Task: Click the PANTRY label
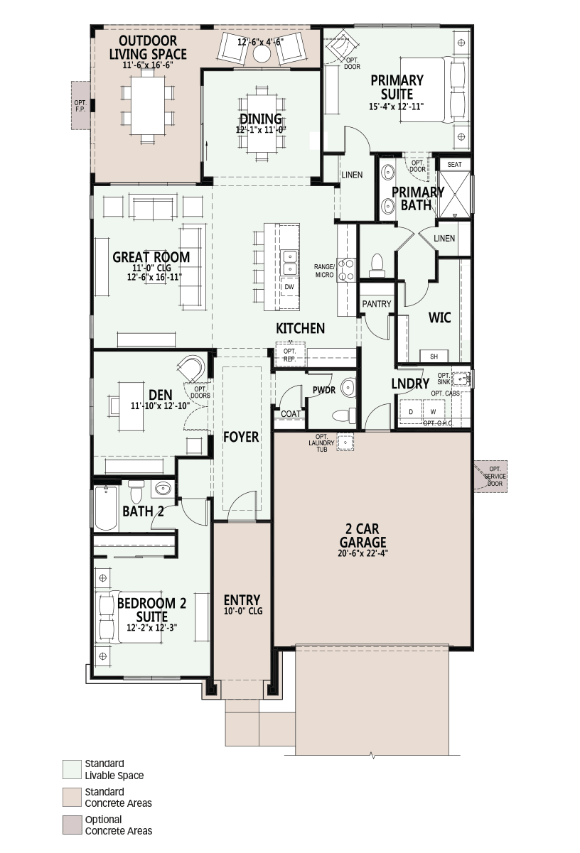377,303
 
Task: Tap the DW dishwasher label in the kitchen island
289,287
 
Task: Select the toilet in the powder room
344,415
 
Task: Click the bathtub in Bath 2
106,508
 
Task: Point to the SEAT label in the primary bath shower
454,165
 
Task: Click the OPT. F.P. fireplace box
81,106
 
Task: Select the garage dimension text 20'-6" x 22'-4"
362,553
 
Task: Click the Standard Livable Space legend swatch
72,769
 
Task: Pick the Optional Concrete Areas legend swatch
72,825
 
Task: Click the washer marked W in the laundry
434,411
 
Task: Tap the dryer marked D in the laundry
411,411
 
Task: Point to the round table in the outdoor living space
262,54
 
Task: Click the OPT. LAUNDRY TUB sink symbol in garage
345,442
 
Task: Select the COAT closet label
291,413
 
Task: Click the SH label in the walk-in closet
434,357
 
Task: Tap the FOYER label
241,437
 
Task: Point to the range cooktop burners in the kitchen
346,270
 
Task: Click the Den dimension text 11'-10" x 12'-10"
160,406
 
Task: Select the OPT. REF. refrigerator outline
291,354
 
